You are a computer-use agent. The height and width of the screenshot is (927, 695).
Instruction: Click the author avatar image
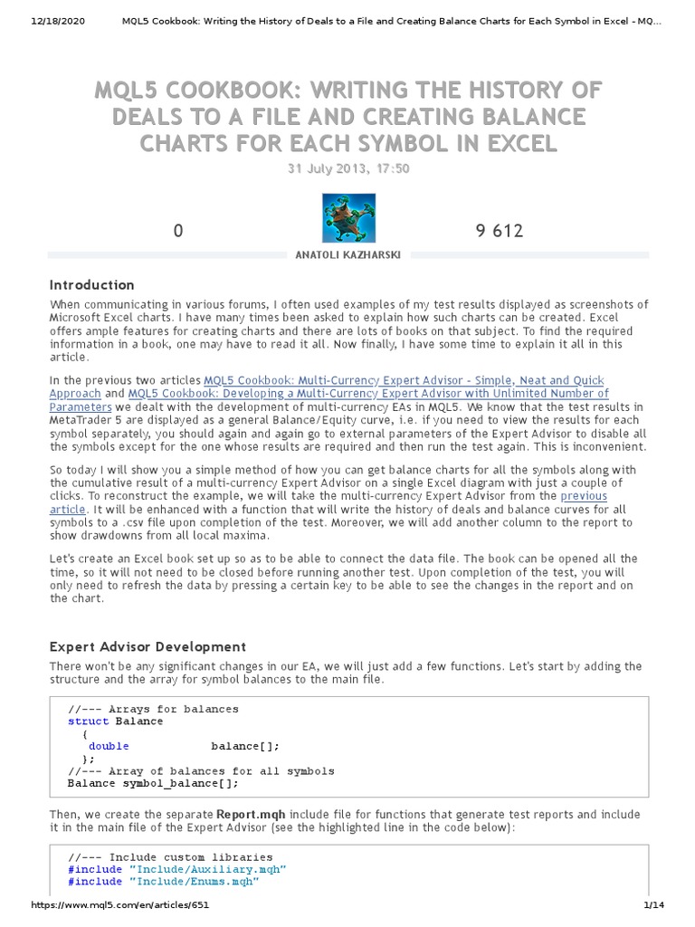[x=348, y=218]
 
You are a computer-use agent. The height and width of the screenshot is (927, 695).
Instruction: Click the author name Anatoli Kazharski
[x=347, y=256]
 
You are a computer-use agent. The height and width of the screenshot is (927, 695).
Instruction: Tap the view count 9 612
[x=499, y=231]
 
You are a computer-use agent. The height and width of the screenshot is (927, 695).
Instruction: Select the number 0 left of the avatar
[x=178, y=231]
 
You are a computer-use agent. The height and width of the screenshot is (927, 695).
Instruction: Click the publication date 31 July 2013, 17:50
[x=347, y=168]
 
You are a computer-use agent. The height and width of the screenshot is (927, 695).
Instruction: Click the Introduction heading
[x=91, y=284]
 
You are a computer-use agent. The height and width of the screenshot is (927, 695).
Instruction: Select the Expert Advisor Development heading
[x=147, y=646]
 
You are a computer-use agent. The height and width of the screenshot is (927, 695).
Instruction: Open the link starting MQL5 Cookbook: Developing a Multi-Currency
[x=368, y=394]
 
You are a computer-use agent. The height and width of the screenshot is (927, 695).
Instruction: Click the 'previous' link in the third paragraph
[x=583, y=496]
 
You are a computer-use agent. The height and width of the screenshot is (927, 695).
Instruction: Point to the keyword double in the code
[x=109, y=746]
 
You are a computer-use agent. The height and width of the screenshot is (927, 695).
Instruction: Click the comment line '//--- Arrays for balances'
[x=153, y=709]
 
